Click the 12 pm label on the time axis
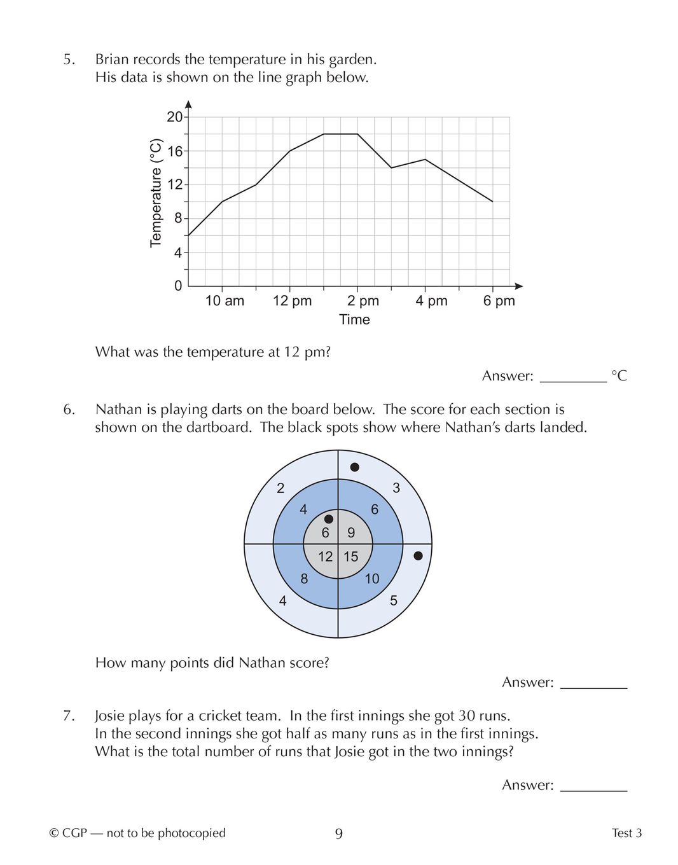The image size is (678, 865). [x=292, y=301]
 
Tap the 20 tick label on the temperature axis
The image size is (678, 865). [x=174, y=117]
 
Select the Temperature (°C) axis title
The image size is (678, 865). [x=156, y=193]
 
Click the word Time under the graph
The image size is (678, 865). [x=354, y=319]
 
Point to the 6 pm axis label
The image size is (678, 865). [x=499, y=301]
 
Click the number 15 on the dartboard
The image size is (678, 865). [x=351, y=557]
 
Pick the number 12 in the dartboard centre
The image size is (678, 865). [x=326, y=557]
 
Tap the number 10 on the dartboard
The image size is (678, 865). [x=372, y=579]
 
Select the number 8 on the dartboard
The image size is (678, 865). [x=304, y=579]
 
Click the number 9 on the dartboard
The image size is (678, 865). [x=351, y=533]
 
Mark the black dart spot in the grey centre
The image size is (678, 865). [x=329, y=519]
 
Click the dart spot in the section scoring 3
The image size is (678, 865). [x=355, y=467]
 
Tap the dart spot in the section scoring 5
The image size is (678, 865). [x=418, y=556]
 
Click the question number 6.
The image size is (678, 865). [x=69, y=410]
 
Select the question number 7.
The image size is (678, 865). [x=69, y=716]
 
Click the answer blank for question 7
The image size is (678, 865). [x=593, y=786]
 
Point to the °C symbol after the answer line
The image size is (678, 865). [x=619, y=376]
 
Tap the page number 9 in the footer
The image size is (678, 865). [x=339, y=834]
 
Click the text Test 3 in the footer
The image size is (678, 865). [x=626, y=833]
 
